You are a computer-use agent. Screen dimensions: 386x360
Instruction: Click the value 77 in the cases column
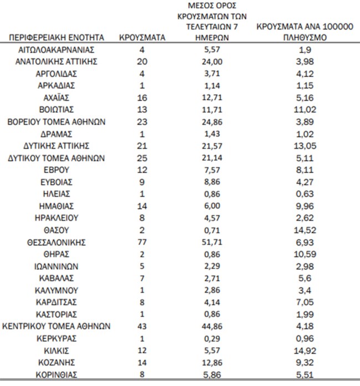[x=142, y=242]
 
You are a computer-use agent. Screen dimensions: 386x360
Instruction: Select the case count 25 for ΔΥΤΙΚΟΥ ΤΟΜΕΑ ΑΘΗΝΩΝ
[x=142, y=158]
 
